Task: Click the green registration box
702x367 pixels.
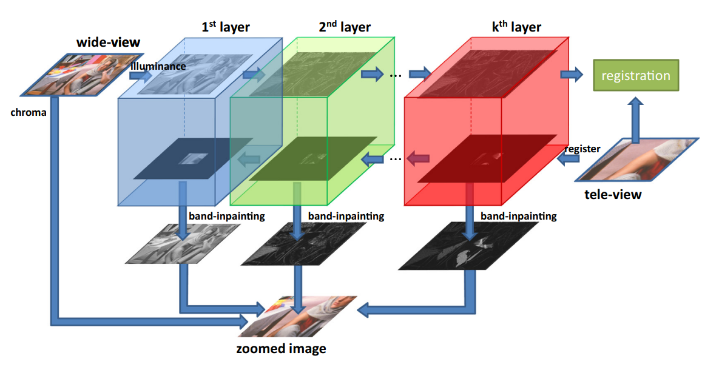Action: point(635,76)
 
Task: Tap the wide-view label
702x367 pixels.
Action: point(108,42)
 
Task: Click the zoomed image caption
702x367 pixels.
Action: point(281,348)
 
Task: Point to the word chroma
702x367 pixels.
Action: point(29,112)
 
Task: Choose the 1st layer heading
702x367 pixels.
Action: point(225,27)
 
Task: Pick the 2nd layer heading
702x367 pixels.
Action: point(344,27)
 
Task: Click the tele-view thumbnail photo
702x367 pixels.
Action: point(637,160)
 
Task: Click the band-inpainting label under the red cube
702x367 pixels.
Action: point(518,215)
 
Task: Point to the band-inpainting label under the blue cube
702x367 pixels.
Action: point(227,216)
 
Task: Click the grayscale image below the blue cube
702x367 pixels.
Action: point(180,244)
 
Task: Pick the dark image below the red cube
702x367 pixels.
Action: point(468,246)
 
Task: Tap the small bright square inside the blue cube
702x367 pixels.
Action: point(193,159)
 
